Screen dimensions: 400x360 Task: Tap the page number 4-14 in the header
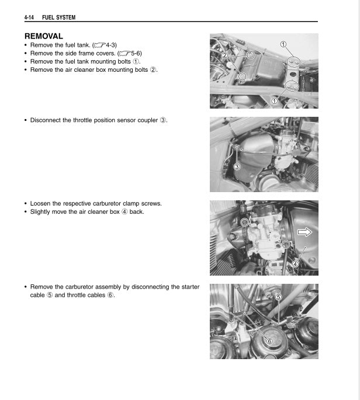pyautogui.click(x=31, y=18)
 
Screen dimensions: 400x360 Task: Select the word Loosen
pyautogui.click(x=42, y=204)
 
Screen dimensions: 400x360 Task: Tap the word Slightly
pyautogui.click(x=43, y=211)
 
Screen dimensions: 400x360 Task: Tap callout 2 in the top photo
pyautogui.click(x=223, y=55)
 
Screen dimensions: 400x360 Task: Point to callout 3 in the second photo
pyautogui.click(x=237, y=166)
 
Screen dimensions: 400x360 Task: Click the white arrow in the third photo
pyautogui.click(x=305, y=232)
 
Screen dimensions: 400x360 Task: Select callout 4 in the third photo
pyautogui.click(x=295, y=263)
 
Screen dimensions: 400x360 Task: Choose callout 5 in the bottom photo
pyautogui.click(x=279, y=297)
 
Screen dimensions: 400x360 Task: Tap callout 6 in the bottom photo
pyautogui.click(x=269, y=341)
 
